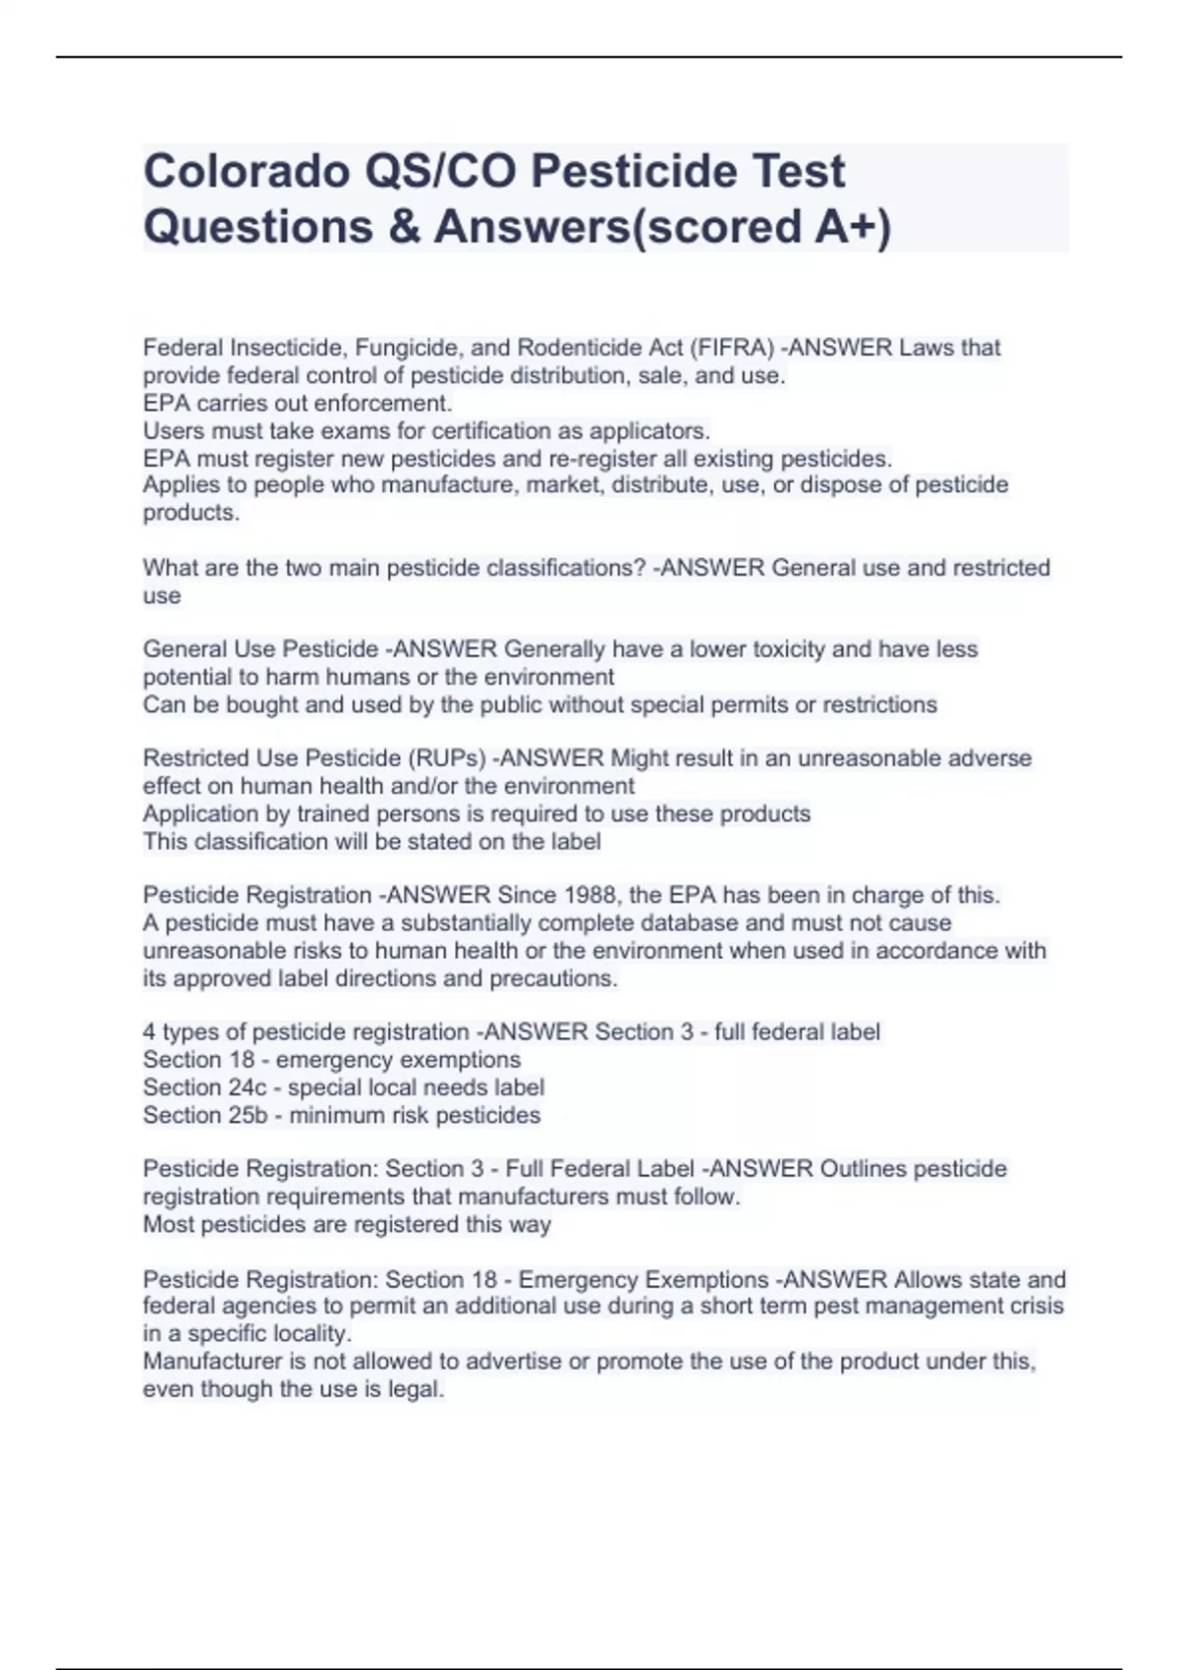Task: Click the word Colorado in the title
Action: pyautogui.click(x=247, y=171)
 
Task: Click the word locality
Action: pyautogui.click(x=310, y=1334)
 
